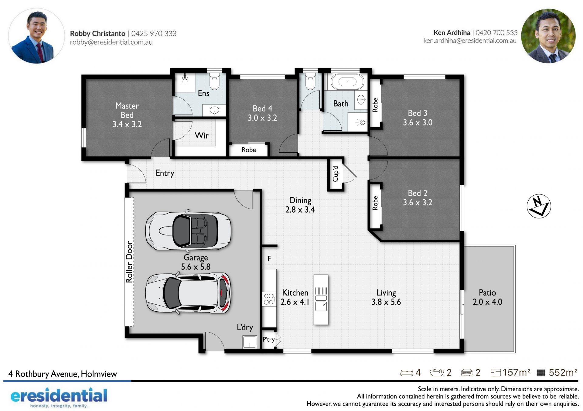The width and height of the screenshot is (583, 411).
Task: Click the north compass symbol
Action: click(x=539, y=206)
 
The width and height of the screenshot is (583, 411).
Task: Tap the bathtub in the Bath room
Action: click(x=347, y=81)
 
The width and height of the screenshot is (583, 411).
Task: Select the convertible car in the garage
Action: click(x=188, y=231)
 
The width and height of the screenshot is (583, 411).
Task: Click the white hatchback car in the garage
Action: click(x=188, y=293)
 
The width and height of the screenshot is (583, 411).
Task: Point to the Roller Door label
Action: click(x=129, y=262)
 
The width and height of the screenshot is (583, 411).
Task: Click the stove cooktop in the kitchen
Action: click(x=269, y=299)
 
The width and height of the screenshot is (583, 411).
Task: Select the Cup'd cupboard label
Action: click(x=335, y=174)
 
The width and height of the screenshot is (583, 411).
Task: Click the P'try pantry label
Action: click(x=268, y=339)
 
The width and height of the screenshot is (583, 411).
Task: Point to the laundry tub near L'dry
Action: click(x=250, y=342)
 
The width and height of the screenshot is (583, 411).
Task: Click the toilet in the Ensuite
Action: click(x=214, y=81)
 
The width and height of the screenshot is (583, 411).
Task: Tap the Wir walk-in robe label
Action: click(x=202, y=135)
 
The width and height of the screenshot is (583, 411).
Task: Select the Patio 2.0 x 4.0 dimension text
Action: click(x=487, y=302)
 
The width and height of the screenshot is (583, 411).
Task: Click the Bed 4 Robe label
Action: click(x=249, y=150)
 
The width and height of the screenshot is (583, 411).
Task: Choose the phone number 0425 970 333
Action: click(x=154, y=33)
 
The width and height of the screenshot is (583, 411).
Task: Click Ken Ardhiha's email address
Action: click(x=470, y=41)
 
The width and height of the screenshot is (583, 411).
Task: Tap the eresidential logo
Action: click(x=59, y=397)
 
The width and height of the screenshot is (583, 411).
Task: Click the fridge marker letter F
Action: click(x=269, y=259)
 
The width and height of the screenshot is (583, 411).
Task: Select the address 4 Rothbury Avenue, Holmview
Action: click(x=63, y=374)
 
